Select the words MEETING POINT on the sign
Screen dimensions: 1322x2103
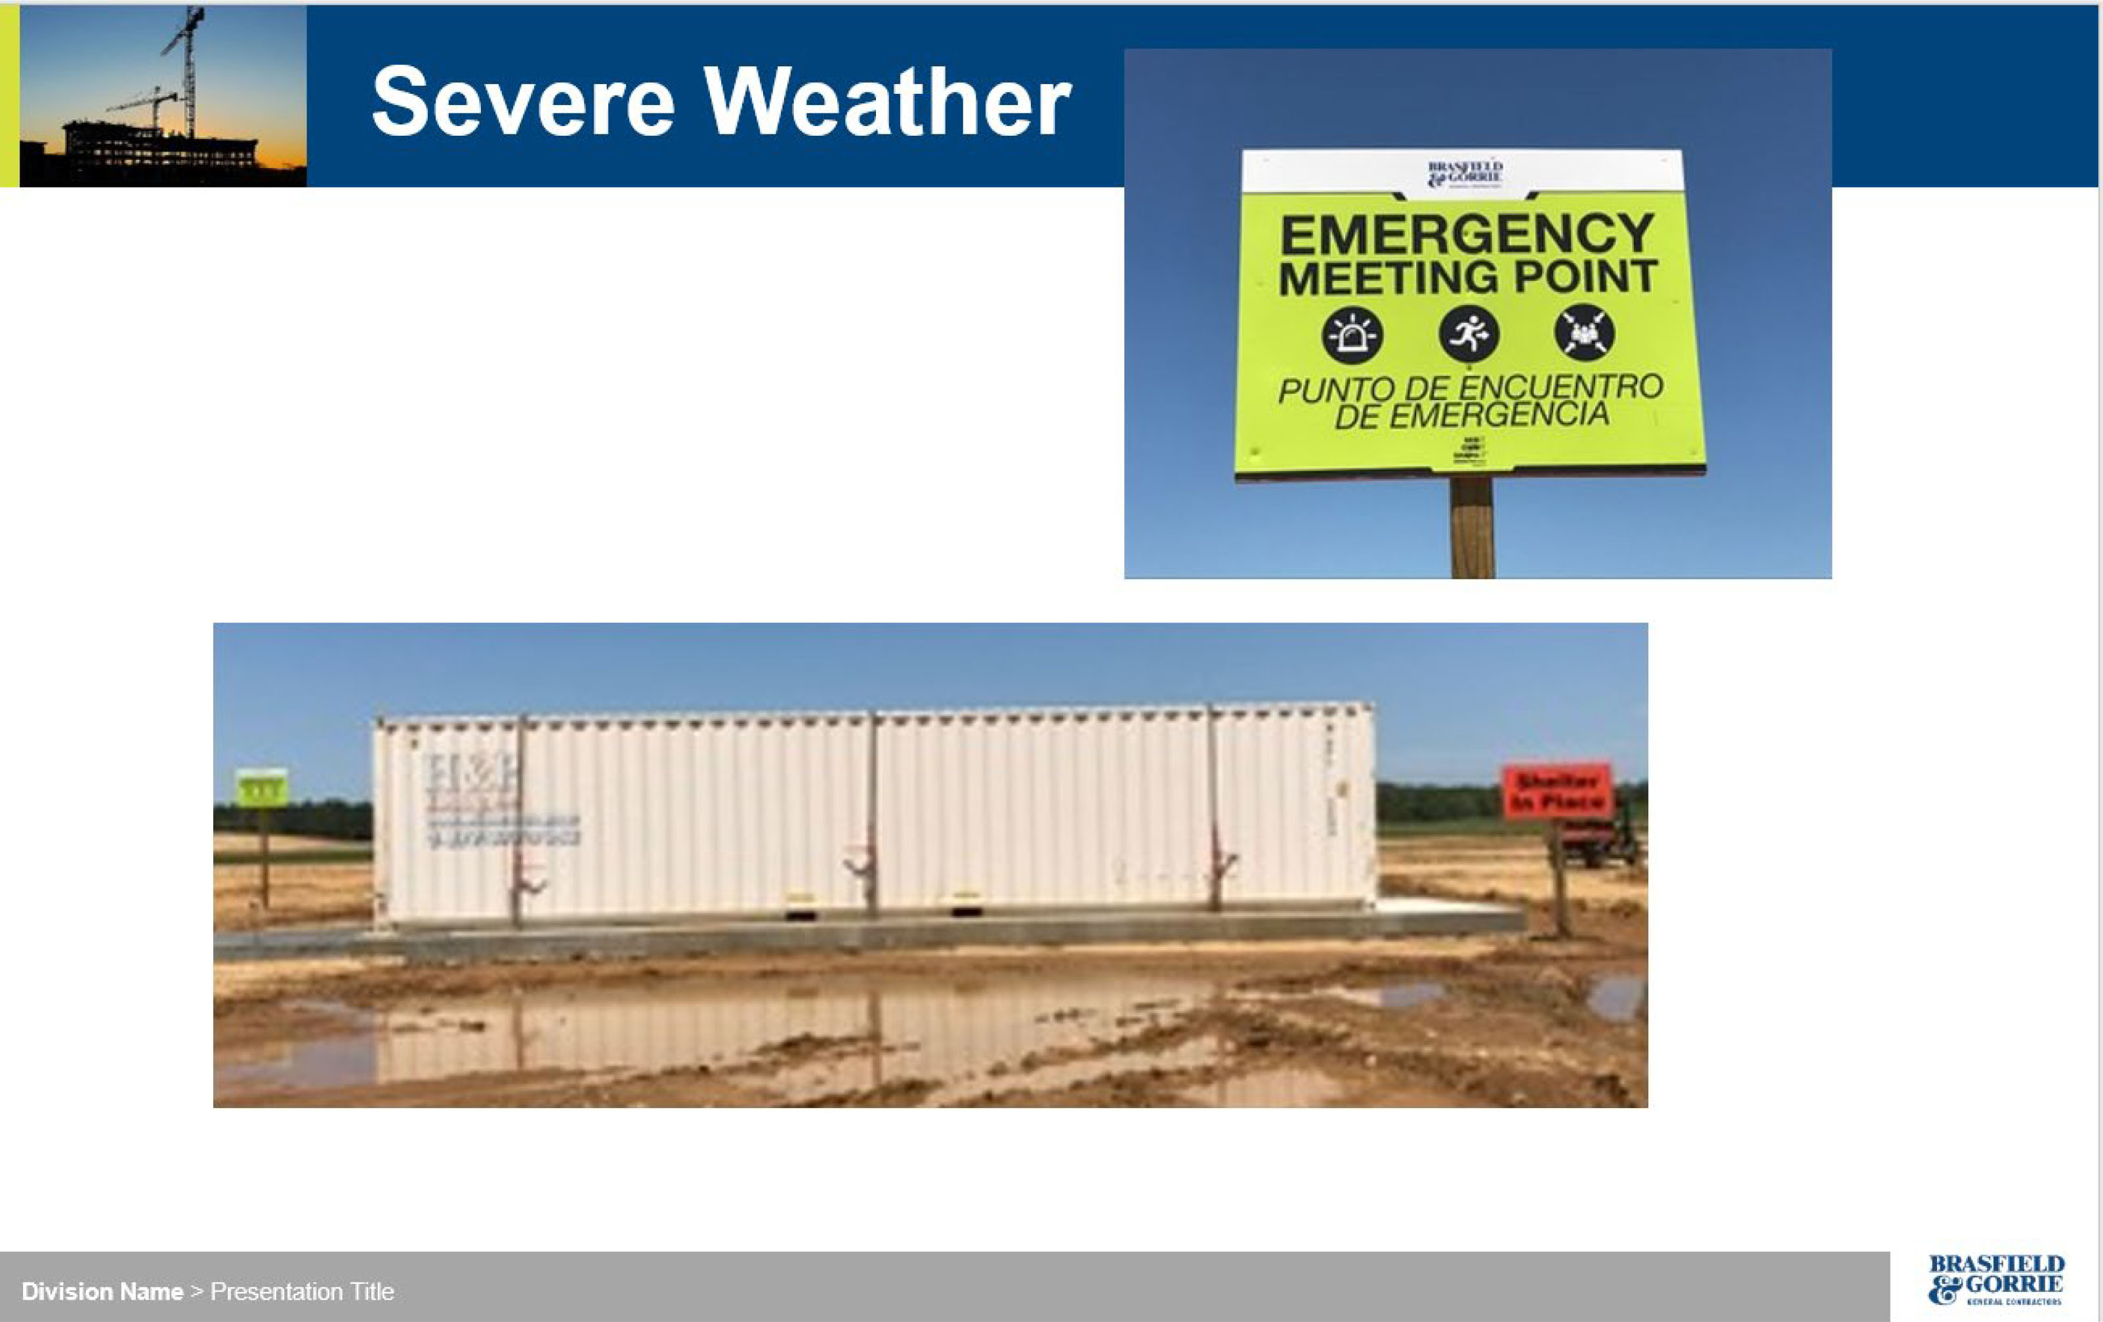click(x=1467, y=277)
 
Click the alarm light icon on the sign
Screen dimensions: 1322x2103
click(x=1352, y=335)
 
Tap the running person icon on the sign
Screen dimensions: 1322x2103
click(x=1469, y=333)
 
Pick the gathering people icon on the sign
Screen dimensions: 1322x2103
click(x=1584, y=333)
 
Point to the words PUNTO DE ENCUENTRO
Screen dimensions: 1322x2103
click(x=1470, y=388)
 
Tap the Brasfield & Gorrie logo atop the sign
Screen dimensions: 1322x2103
click(x=1465, y=173)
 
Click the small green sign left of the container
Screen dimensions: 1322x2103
click(x=262, y=787)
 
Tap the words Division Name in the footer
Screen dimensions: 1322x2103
click(x=102, y=1291)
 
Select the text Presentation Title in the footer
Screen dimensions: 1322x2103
click(x=302, y=1291)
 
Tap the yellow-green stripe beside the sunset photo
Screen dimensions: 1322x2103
click(x=9, y=96)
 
